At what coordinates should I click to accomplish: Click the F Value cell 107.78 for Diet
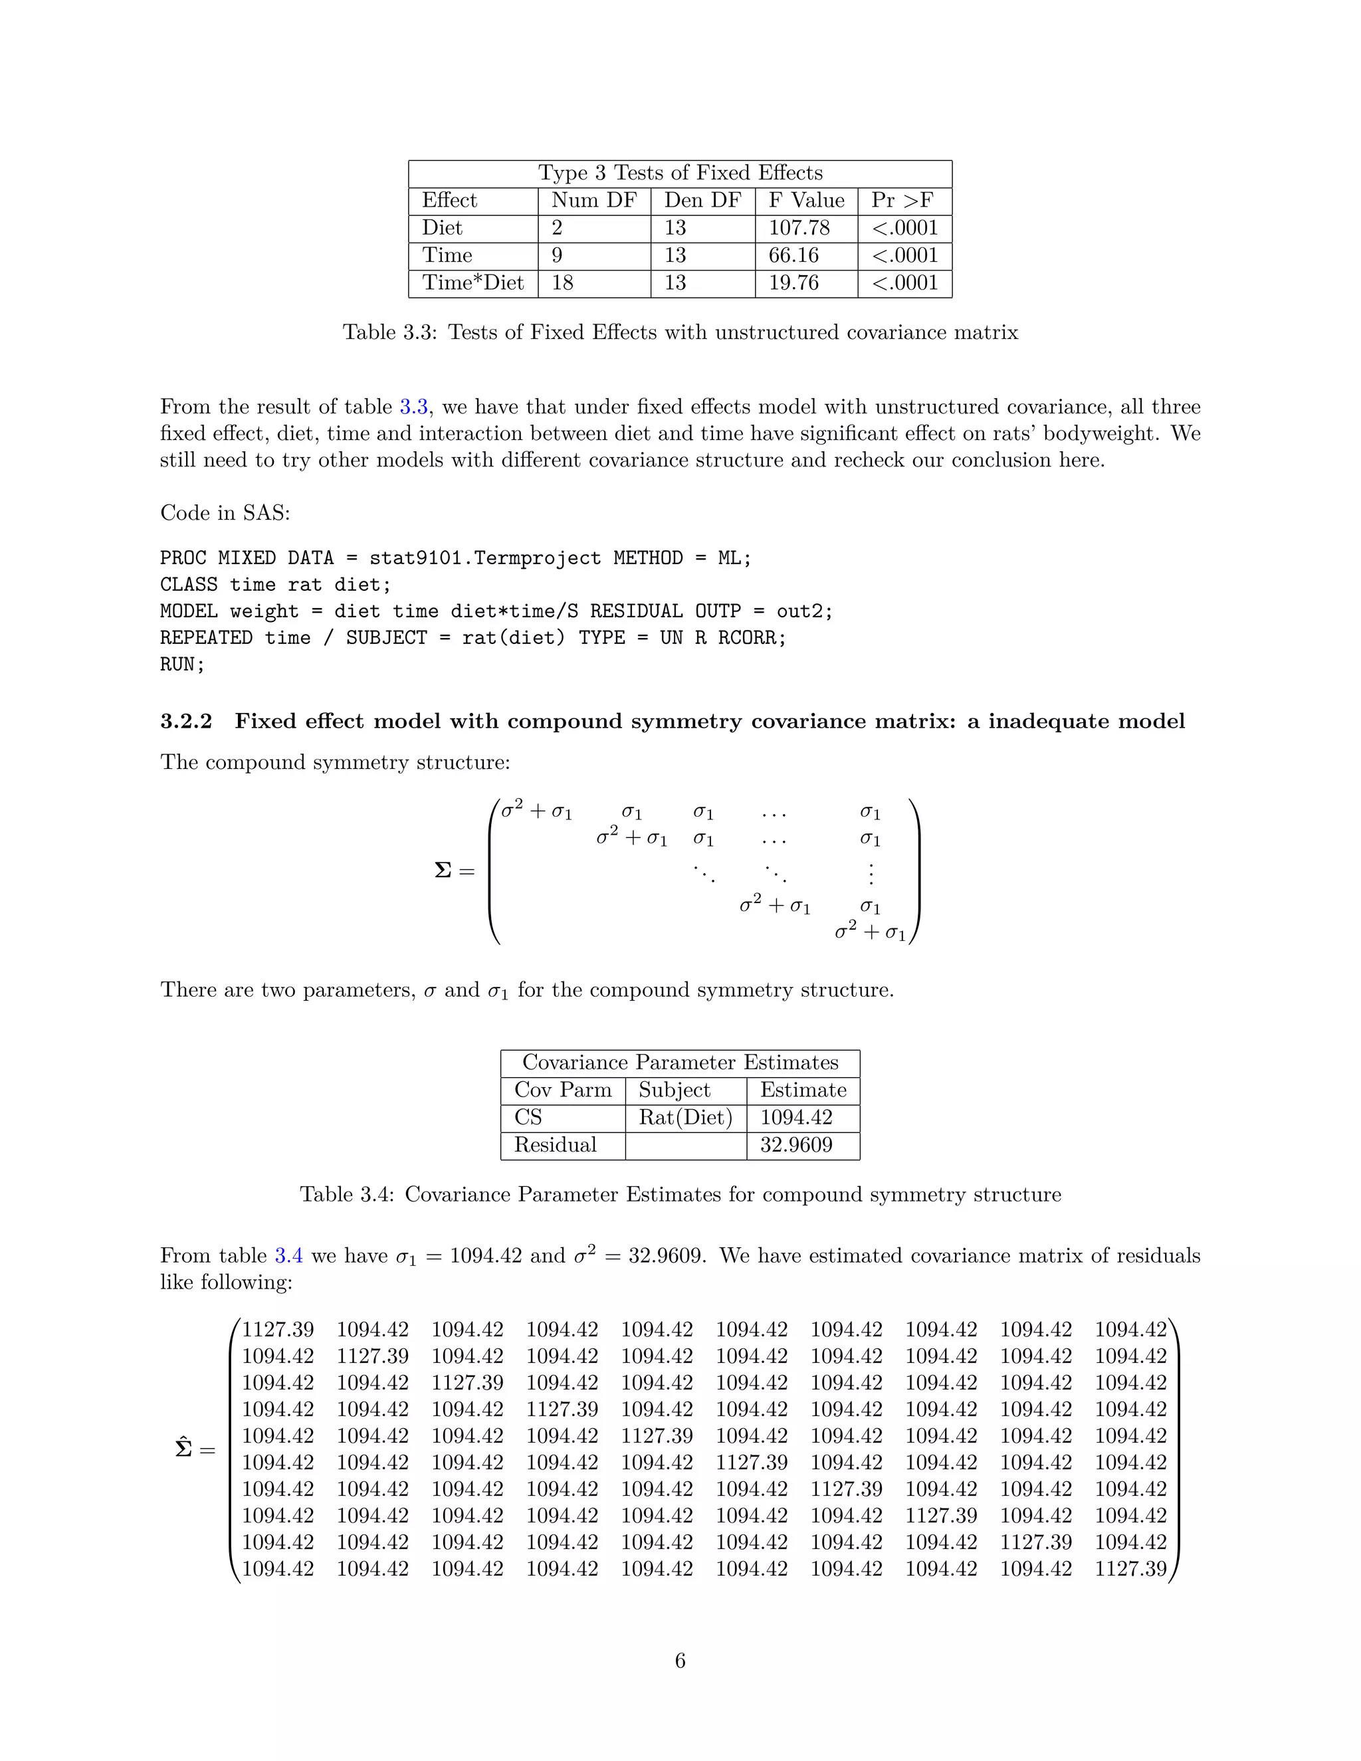[798, 228]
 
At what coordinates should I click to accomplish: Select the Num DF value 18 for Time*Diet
[563, 283]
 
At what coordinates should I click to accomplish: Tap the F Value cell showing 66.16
[793, 256]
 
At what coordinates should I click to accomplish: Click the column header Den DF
[702, 201]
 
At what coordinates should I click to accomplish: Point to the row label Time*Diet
[472, 283]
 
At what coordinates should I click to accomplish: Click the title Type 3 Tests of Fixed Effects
[680, 173]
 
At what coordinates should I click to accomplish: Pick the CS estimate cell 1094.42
[795, 1118]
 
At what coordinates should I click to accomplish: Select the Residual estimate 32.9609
[795, 1145]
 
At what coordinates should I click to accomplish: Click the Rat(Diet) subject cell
[685, 1118]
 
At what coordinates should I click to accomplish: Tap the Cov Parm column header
[563, 1090]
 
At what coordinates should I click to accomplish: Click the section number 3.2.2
[186, 721]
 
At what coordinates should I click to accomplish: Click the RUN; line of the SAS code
[182, 665]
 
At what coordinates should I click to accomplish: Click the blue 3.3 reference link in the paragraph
[413, 407]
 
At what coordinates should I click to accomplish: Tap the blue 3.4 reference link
[288, 1255]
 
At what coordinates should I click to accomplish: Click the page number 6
[680, 1661]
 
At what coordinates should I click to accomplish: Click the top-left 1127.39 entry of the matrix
[277, 1330]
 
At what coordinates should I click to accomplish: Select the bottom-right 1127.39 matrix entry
[1130, 1569]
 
